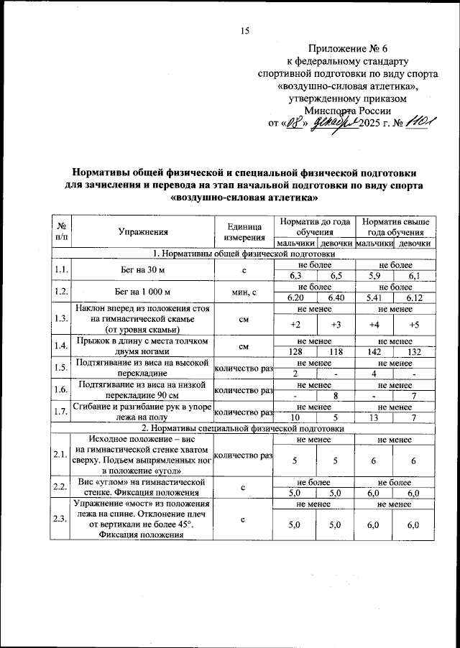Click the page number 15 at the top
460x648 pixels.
[x=244, y=30]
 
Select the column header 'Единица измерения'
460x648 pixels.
[x=244, y=232]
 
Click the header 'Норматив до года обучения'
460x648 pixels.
[x=316, y=227]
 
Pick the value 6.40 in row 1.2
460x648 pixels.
[x=335, y=298]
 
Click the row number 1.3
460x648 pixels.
[x=61, y=318]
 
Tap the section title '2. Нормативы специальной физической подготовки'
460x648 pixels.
[x=244, y=427]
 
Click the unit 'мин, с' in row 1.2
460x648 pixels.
[x=244, y=292]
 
